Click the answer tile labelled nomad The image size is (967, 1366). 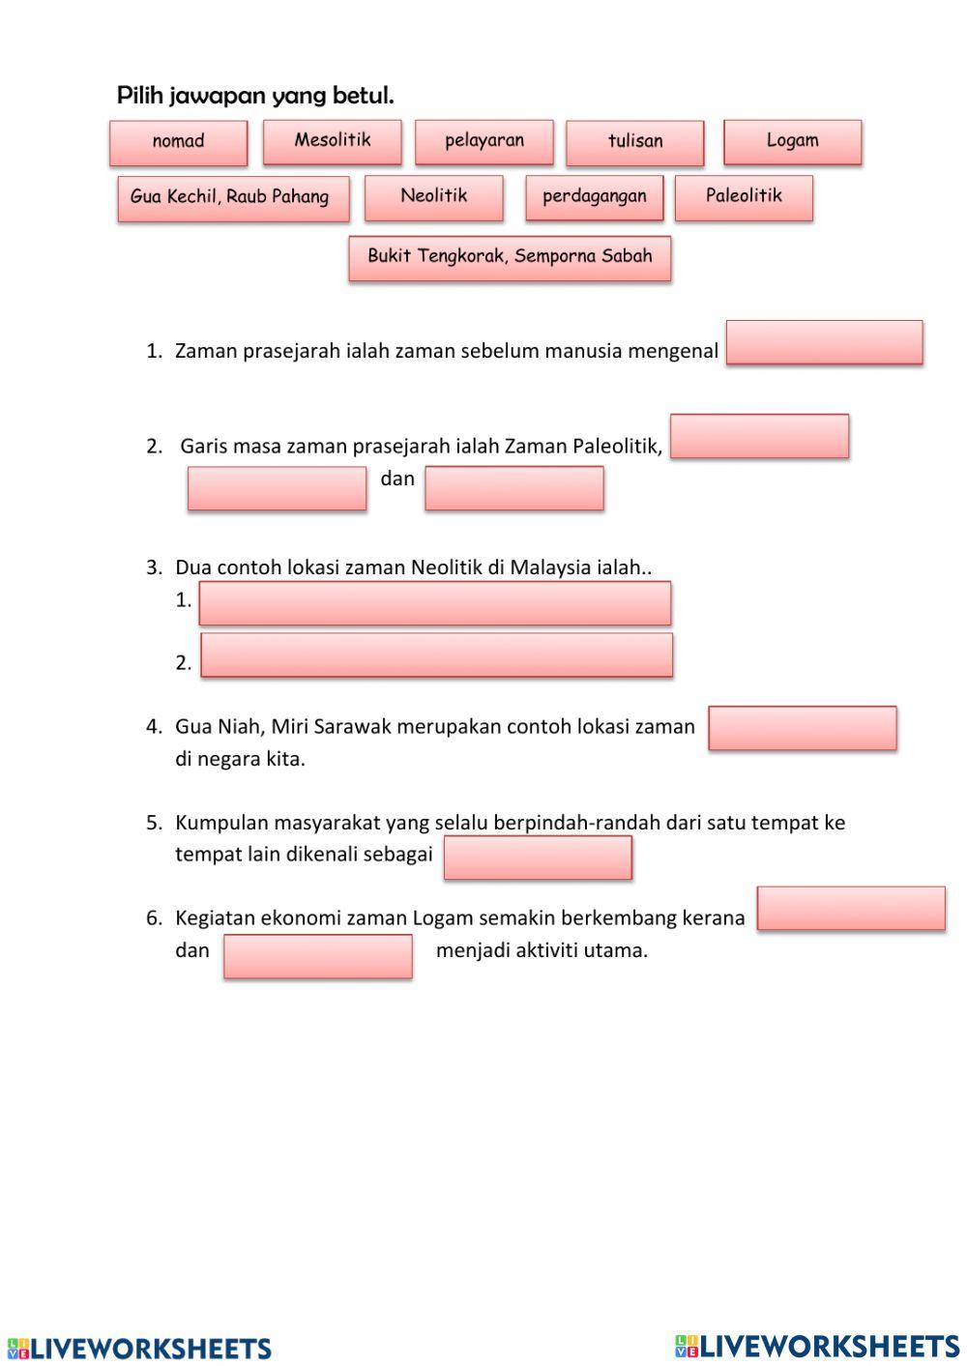pos(178,142)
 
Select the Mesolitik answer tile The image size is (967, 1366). pos(332,141)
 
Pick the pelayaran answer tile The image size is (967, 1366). pos(483,141)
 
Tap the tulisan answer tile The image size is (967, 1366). pos(634,142)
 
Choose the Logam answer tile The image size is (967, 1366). pos(792,141)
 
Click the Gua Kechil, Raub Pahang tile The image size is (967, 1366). pos(232,198)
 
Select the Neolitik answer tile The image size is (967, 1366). pos(433,197)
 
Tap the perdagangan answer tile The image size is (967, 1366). pos(594,197)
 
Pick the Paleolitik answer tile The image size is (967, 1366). pos(743,197)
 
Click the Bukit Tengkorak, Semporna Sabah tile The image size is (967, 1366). pos(510,258)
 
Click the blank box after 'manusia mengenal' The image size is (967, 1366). pos(824,342)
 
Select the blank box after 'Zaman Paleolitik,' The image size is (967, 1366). pos(759,436)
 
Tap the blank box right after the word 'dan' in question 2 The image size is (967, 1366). pos(513,488)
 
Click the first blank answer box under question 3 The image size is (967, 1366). pos(434,602)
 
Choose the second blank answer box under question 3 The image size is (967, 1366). pos(436,654)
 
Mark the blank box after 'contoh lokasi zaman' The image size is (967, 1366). pos(802,728)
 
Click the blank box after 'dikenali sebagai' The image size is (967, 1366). pos(538,857)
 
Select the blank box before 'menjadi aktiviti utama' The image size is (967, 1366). pos(317,956)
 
